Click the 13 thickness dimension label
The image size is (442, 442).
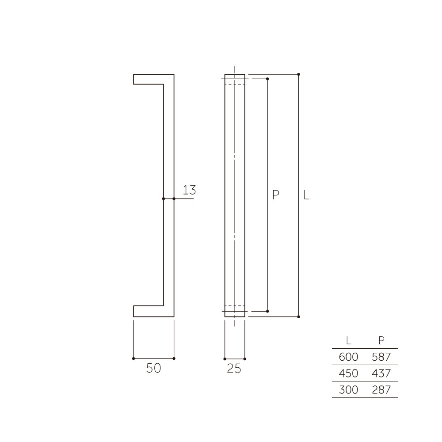click(189, 191)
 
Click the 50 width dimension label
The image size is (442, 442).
click(153, 368)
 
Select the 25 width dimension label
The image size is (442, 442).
click(234, 369)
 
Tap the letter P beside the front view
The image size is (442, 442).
click(276, 195)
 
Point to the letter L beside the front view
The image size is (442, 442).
click(306, 195)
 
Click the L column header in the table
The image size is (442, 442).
click(349, 340)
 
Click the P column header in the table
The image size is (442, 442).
click(381, 340)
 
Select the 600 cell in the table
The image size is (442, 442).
click(349, 357)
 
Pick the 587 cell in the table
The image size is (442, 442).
click(381, 357)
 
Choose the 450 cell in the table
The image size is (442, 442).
click(349, 373)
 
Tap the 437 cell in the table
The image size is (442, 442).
click(381, 373)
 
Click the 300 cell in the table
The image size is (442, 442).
click(349, 389)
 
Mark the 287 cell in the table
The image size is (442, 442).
click(381, 389)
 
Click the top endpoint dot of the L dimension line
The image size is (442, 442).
click(299, 74)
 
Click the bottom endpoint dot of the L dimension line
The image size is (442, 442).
click(299, 317)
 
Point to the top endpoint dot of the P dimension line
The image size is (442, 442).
click(268, 79)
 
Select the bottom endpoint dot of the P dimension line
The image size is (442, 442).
click(268, 312)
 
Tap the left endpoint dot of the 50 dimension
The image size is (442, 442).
click(133, 358)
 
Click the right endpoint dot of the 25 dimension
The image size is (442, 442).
click(245, 359)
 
